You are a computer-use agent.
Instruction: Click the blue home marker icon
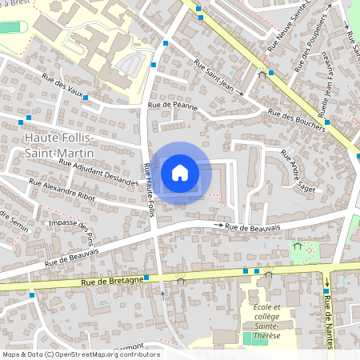point(180,173)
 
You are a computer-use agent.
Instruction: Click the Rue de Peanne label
point(173,105)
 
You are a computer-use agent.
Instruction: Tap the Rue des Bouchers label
point(297,119)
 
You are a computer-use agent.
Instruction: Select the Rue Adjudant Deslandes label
point(99,170)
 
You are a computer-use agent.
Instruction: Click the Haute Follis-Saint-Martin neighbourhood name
point(49,146)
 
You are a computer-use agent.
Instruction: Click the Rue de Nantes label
point(329,308)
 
